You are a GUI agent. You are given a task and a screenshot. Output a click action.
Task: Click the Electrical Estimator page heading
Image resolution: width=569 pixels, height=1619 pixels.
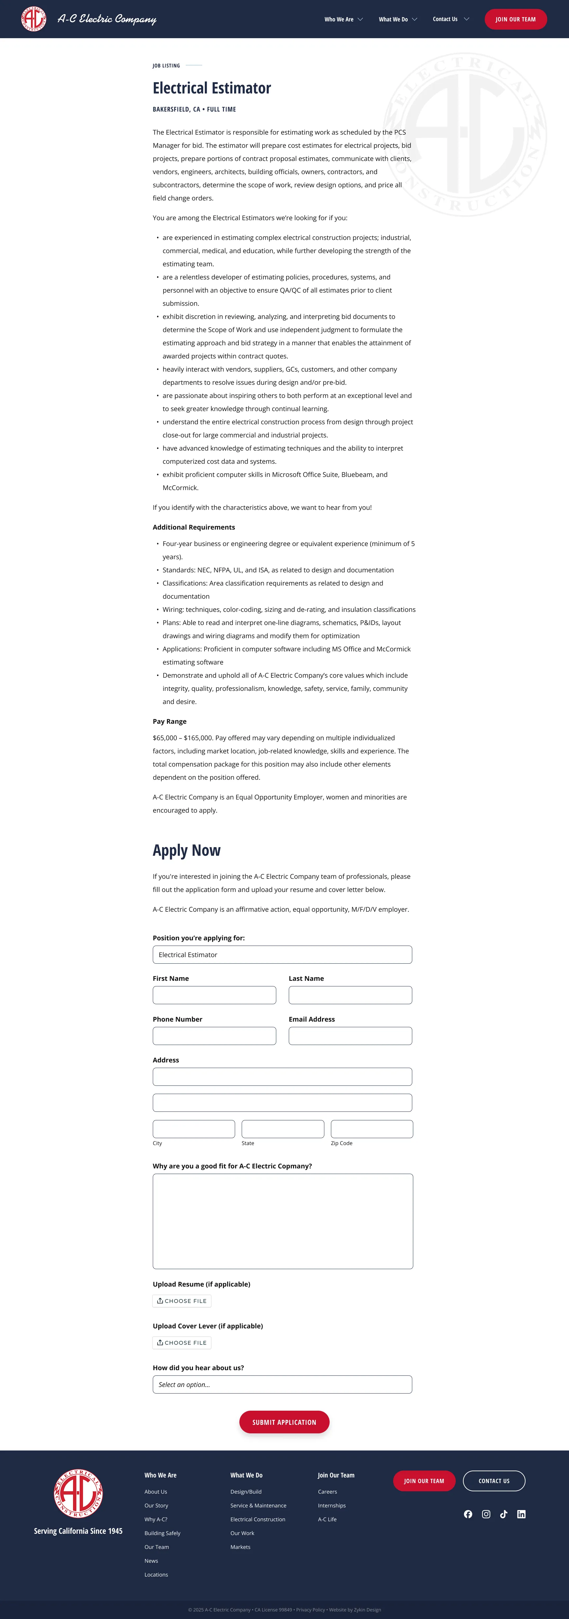[212, 88]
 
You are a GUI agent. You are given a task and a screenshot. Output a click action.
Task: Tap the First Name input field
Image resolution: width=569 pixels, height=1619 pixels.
[214, 995]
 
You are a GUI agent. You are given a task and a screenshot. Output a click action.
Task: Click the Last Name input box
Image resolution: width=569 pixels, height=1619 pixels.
[350, 995]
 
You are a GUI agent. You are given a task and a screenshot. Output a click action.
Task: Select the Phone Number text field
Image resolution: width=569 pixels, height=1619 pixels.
[214, 1036]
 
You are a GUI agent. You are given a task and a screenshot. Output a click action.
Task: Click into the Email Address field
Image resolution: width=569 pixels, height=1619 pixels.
[350, 1036]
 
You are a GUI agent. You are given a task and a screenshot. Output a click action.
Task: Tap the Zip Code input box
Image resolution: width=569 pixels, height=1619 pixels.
[371, 1129]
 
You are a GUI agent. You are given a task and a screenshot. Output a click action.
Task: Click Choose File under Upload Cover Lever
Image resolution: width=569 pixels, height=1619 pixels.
[182, 1343]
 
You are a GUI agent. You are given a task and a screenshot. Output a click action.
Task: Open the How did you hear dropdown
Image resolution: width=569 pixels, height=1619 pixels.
[282, 1385]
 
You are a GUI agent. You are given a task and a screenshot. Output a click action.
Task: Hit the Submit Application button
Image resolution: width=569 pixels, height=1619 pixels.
[284, 1422]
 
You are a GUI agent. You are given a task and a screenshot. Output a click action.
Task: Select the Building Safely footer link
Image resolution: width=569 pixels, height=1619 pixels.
[162, 1533]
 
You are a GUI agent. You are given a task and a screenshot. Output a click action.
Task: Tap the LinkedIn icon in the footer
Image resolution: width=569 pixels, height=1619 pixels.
[521, 1514]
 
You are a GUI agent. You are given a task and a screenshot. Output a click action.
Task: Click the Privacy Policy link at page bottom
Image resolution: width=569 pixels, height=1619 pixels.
[311, 1609]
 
